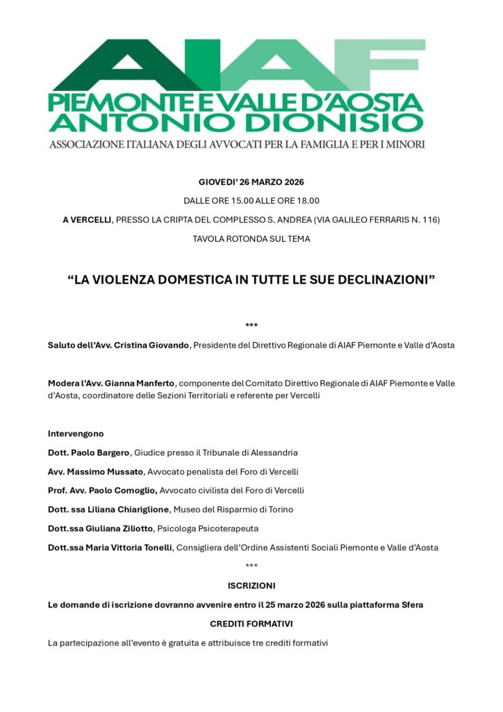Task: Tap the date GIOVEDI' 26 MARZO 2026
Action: (x=251, y=182)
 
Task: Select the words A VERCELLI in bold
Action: (x=87, y=220)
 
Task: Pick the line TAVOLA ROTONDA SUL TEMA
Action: (x=251, y=238)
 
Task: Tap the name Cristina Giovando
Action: (x=151, y=345)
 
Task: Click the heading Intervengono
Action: (x=76, y=433)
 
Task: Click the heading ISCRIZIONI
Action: (x=251, y=585)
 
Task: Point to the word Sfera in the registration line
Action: (x=411, y=605)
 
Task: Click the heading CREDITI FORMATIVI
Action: (x=251, y=624)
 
